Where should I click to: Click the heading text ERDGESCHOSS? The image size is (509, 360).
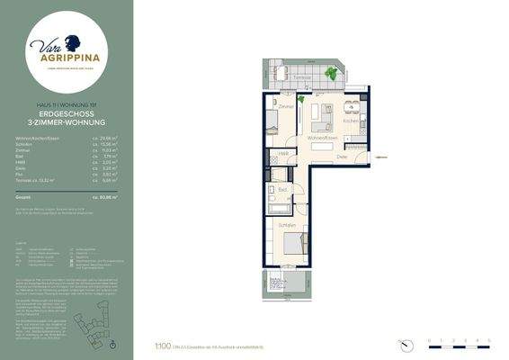pos(67,115)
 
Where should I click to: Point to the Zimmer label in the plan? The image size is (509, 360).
pos(286,107)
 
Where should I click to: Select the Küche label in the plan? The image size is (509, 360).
pos(352,121)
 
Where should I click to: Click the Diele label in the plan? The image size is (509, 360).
pos(342,157)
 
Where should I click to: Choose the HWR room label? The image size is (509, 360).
pos(281,154)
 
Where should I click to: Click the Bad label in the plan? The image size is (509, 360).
pos(282,190)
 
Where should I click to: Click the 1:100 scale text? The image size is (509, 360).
pos(164,344)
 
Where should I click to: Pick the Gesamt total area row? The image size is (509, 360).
pos(67,195)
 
